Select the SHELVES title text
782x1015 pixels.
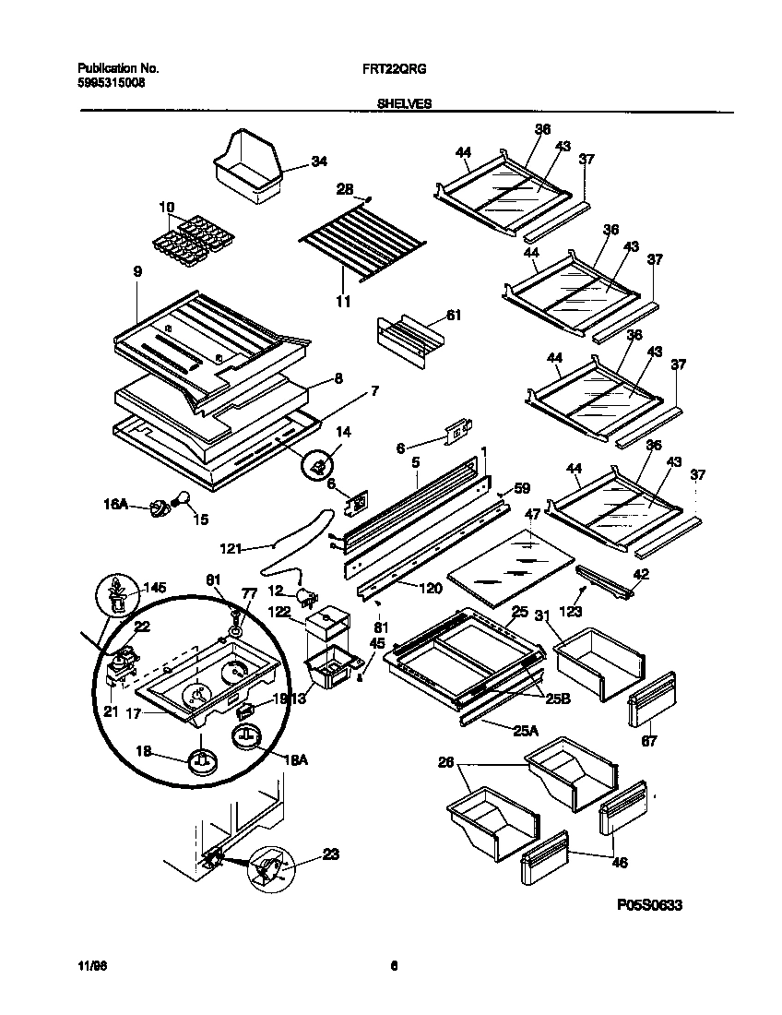click(404, 105)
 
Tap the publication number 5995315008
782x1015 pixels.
click(111, 82)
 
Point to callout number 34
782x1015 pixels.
click(319, 162)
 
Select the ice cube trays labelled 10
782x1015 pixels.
click(190, 242)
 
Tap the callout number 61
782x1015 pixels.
click(453, 316)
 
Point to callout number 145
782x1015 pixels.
click(154, 587)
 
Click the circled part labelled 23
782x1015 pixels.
click(268, 867)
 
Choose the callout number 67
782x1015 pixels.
click(649, 740)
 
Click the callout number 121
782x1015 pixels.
click(231, 548)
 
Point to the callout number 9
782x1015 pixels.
click(137, 272)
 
